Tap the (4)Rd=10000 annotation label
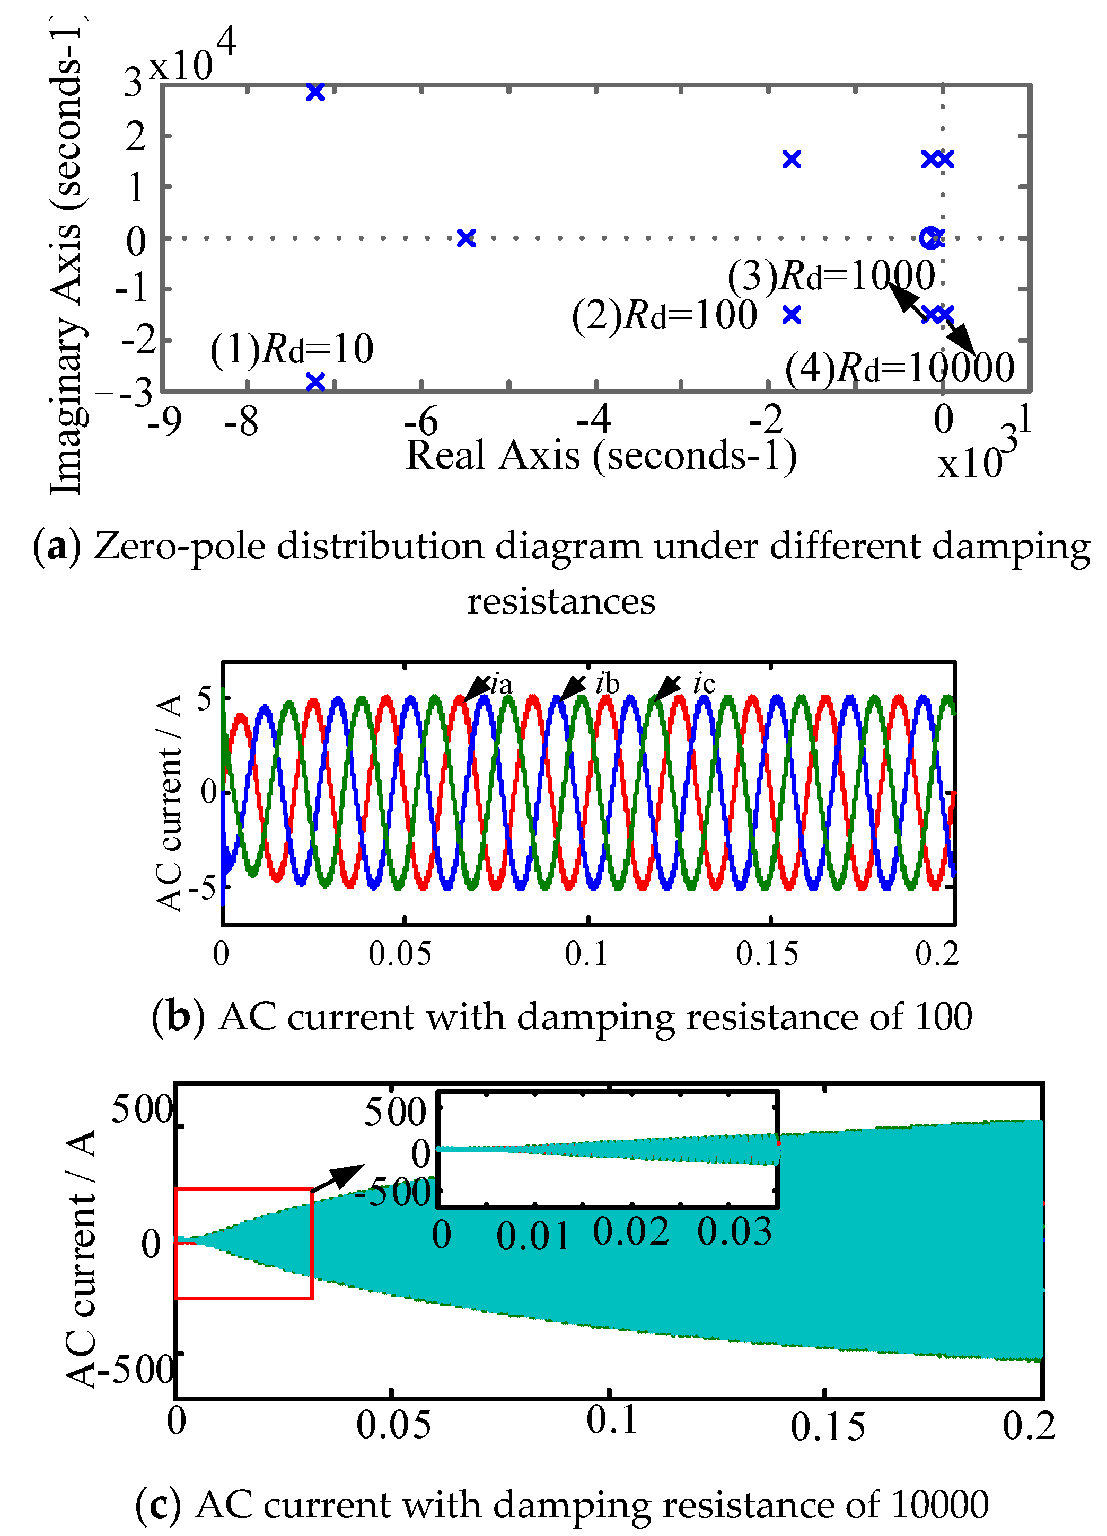[900, 368]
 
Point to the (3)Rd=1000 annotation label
[831, 277]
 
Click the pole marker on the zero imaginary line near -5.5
[466, 238]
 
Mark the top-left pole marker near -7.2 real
[315, 92]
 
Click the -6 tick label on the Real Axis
[421, 422]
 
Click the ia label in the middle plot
[502, 685]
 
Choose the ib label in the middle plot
[607, 684]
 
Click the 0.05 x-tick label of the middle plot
[400, 954]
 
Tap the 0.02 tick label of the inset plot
[631, 1232]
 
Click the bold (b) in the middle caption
[178, 1017]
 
